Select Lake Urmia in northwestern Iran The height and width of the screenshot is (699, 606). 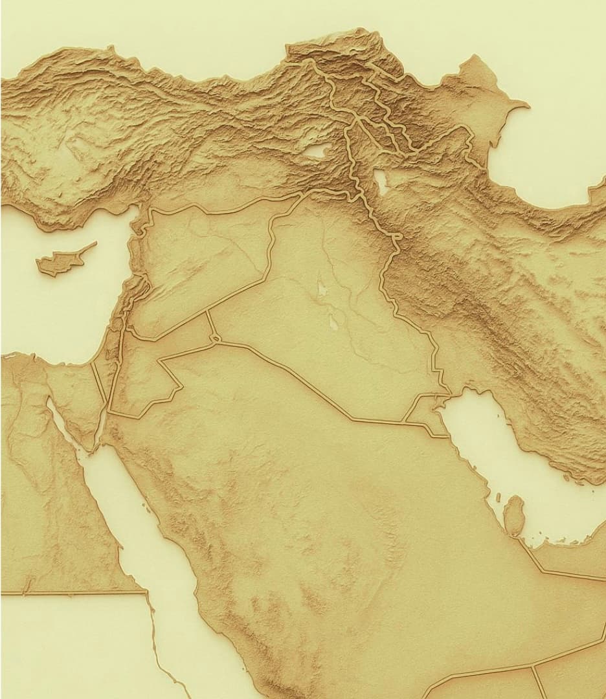pyautogui.click(x=380, y=182)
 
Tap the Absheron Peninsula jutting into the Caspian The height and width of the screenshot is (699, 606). pyautogui.click(x=518, y=104)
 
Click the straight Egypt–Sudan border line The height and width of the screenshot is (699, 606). pyautogui.click(x=71, y=592)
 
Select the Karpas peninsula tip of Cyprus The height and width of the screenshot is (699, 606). pyautogui.click(x=94, y=244)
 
